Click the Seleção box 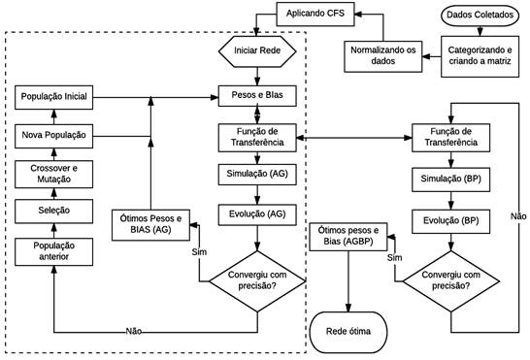click(54, 209)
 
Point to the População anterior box click(54, 250)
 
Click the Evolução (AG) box click(256, 213)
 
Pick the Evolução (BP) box click(450, 220)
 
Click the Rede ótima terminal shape click(348, 332)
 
